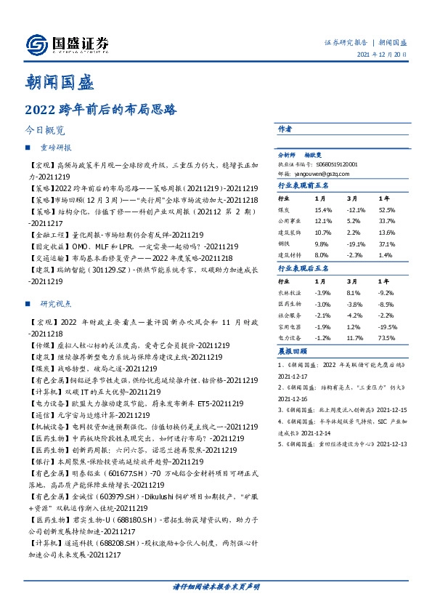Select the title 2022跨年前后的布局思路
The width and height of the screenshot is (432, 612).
click(x=101, y=112)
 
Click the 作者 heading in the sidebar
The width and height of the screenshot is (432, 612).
click(x=285, y=129)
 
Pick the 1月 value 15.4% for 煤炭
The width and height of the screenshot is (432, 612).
click(x=323, y=210)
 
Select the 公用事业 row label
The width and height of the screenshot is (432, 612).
click(x=290, y=222)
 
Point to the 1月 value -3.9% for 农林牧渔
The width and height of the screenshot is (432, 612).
click(x=323, y=292)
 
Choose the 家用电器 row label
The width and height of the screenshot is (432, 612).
click(x=290, y=327)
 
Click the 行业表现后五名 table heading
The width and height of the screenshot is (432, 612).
click(x=304, y=267)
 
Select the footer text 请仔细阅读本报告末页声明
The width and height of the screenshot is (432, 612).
click(x=216, y=586)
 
